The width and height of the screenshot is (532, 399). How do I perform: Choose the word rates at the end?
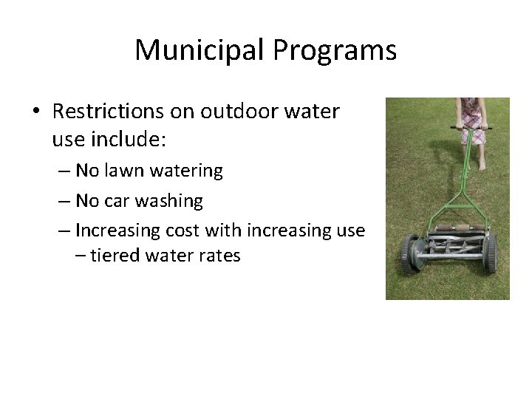(219, 257)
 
